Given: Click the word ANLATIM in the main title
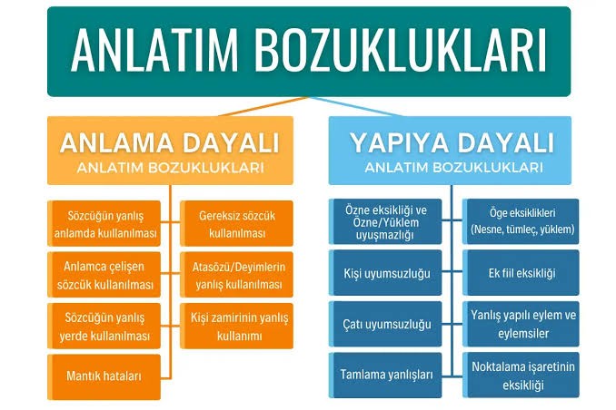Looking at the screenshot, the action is [x=154, y=52].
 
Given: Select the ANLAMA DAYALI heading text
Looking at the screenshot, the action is [x=170, y=142].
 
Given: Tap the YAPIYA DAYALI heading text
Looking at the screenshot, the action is [x=452, y=142].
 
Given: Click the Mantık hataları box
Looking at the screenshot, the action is [x=104, y=377].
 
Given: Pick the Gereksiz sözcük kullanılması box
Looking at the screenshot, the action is [x=236, y=224].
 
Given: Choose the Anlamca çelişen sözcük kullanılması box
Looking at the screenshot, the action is [x=104, y=275].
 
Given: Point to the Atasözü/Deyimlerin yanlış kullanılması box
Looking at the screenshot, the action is [x=236, y=275].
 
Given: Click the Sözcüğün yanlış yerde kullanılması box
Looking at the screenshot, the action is [x=104, y=326].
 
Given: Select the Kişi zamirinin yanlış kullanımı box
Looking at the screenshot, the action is [x=236, y=326].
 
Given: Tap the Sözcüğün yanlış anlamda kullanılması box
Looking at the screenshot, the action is [x=104, y=224].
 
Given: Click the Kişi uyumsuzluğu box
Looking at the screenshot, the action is [x=385, y=273].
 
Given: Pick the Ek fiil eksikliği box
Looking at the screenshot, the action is [x=521, y=273].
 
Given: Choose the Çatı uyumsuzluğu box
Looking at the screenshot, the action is [x=385, y=324].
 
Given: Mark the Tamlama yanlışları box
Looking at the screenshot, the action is [x=385, y=376].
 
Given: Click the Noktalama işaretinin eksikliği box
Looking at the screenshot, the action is [x=521, y=376].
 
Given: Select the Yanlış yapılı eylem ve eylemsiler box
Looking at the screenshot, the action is [x=521, y=324].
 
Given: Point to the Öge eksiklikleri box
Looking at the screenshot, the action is [x=521, y=221].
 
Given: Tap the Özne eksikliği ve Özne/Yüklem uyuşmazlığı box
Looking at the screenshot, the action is [x=385, y=221].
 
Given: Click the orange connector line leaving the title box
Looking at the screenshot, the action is [x=263, y=106].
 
